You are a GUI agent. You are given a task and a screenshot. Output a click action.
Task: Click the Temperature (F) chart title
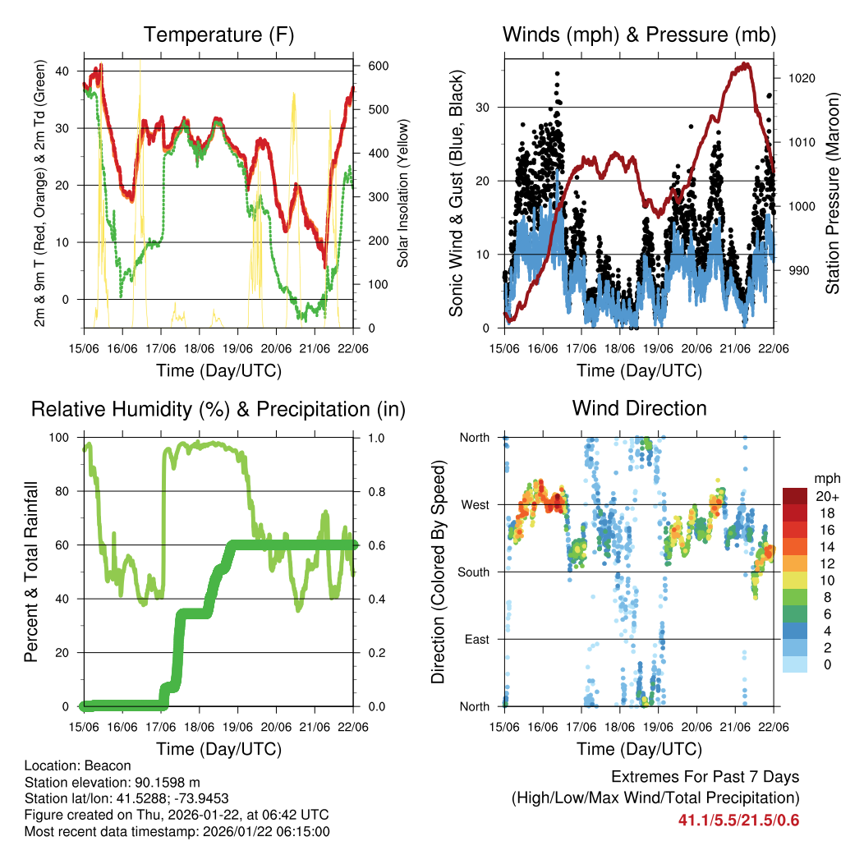click(218, 34)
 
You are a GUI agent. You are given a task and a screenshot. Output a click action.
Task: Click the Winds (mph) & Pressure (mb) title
click(639, 34)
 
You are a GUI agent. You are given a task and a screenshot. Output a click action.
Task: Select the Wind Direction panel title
click(639, 408)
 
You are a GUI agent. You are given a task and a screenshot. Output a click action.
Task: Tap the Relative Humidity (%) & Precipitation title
click(218, 409)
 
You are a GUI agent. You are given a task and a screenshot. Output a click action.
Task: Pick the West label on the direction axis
click(475, 504)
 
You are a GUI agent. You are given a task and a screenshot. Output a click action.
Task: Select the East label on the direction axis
click(476, 639)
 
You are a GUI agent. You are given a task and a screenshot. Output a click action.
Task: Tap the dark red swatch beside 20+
click(795, 495)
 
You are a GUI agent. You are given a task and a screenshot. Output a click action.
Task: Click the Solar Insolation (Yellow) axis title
click(403, 193)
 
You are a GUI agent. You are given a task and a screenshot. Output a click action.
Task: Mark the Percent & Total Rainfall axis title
click(30, 572)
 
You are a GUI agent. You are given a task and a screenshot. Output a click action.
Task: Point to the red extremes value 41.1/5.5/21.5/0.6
click(738, 820)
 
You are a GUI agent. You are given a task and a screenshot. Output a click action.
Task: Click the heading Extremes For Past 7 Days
click(705, 777)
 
